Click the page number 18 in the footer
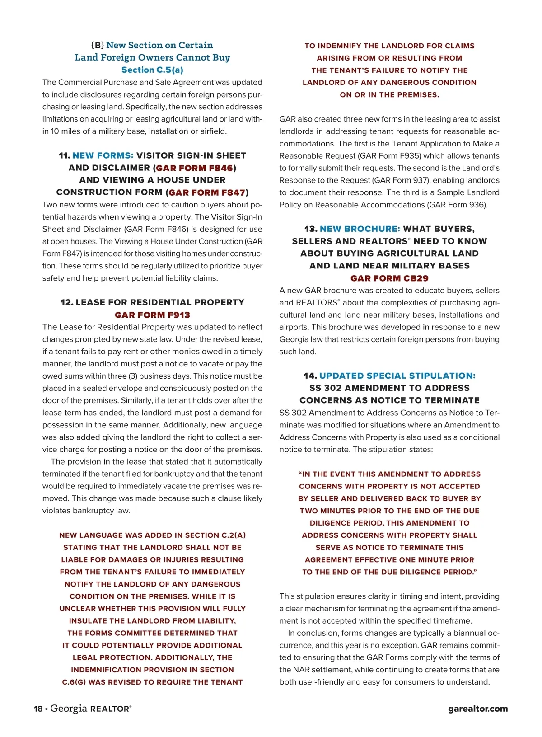[x=38, y=709]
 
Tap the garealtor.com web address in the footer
[x=478, y=709]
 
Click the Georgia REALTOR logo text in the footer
[x=91, y=709]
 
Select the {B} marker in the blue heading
[x=98, y=45]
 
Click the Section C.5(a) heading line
[x=152, y=70]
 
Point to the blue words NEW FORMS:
[x=103, y=155]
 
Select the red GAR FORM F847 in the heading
[x=207, y=192]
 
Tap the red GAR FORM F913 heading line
[x=152, y=315]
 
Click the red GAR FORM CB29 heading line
[x=389, y=278]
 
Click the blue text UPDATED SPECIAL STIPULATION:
[x=397, y=376]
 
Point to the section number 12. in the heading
[x=67, y=302]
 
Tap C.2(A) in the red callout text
[x=234, y=535]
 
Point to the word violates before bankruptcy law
[x=57, y=511]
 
